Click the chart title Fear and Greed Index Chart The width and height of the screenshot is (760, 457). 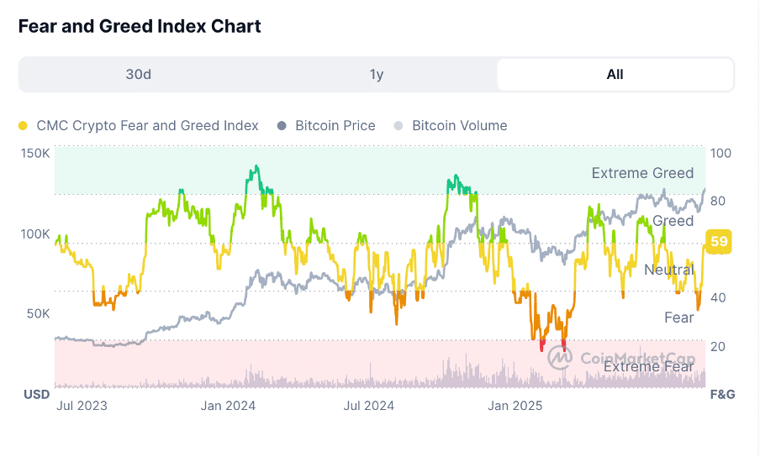coord(140,26)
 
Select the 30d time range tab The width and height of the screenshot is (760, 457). coord(138,74)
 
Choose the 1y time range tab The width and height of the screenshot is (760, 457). coord(377,74)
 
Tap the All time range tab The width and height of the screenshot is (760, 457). coord(615,74)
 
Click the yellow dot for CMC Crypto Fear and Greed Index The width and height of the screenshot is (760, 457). coord(23,126)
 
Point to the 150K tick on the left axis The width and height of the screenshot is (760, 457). coord(35,154)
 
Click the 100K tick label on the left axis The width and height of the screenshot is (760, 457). coord(35,234)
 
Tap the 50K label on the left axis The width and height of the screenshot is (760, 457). coord(39,313)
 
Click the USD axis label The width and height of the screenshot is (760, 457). coord(36,394)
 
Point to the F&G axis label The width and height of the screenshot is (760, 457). coord(723,394)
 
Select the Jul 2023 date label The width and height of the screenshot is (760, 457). coord(82,406)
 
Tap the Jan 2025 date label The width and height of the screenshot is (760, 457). coord(516,406)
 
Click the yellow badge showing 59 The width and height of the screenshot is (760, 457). coord(719,242)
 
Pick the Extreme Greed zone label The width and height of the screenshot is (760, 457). coord(642,173)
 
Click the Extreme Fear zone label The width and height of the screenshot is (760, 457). coord(649,366)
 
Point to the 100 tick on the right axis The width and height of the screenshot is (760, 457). coord(721,154)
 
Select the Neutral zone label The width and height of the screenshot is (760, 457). coord(668,270)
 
